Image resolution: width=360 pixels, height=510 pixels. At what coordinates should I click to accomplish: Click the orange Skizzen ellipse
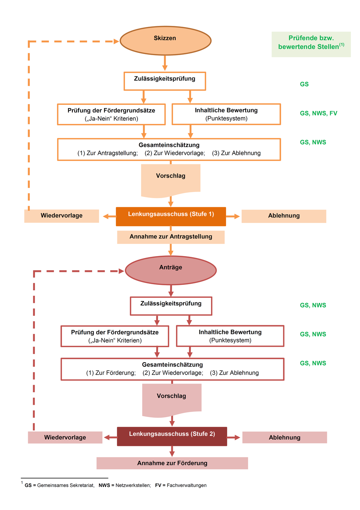(166, 41)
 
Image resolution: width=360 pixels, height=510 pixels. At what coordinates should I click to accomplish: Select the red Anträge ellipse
(171, 270)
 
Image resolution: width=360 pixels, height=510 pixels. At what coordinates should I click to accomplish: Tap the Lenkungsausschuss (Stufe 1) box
(171, 216)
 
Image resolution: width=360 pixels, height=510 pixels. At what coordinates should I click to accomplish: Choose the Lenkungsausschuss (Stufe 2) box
(172, 436)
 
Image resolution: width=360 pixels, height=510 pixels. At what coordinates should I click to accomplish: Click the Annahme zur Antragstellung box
(171, 237)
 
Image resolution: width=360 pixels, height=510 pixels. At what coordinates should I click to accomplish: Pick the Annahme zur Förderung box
(172, 463)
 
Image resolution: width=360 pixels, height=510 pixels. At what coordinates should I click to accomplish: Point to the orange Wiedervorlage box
(62, 216)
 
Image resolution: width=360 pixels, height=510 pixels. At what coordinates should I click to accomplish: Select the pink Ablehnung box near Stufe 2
(284, 437)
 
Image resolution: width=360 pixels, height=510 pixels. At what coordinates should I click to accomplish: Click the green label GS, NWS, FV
(318, 113)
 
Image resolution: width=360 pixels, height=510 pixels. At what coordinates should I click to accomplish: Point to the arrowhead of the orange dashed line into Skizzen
(116, 41)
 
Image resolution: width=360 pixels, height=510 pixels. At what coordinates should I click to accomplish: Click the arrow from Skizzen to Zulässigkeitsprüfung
(165, 63)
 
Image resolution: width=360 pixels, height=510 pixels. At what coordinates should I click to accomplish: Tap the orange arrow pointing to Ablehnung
(233, 216)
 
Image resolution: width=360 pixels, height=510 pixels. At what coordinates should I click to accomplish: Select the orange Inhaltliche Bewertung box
(226, 114)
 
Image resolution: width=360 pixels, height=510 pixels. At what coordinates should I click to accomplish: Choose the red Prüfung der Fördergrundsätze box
(115, 336)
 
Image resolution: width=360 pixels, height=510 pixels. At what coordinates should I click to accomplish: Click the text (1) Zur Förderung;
(111, 373)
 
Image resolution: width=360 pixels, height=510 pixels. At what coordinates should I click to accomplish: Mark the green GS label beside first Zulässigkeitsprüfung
(304, 84)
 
